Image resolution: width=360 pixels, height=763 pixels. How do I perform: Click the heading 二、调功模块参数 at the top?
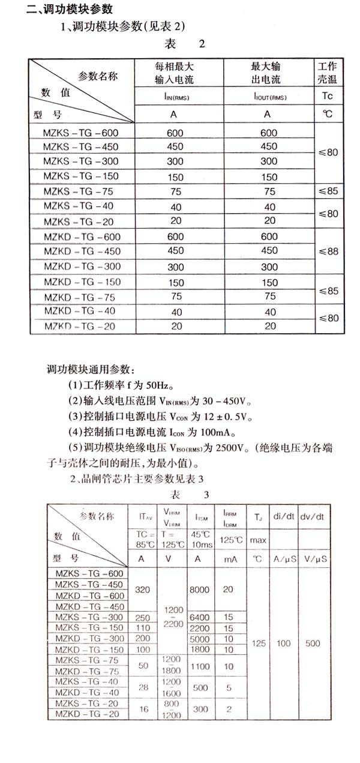coord(70,10)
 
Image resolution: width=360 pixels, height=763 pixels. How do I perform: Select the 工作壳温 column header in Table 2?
coord(327,71)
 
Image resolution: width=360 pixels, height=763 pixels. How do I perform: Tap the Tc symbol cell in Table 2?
coord(327,96)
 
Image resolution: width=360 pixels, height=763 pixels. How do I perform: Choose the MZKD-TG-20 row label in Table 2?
coord(81,326)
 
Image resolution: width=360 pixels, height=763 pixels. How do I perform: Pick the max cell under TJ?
coord(258,540)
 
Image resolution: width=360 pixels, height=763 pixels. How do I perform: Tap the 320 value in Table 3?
coord(143,590)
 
